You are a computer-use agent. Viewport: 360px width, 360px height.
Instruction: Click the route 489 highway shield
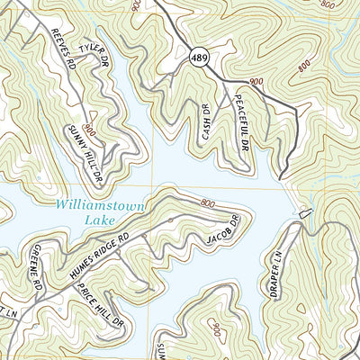pyautogui.click(x=198, y=58)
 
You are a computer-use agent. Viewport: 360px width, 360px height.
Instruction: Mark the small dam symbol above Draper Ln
pyautogui.click(x=304, y=213)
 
